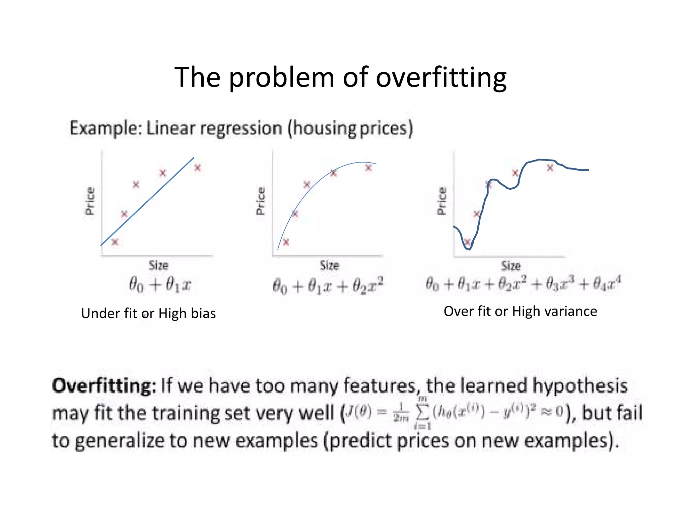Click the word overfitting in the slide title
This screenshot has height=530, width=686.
coord(441,78)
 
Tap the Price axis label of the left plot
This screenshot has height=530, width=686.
coord(90,201)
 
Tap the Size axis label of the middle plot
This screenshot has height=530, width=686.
coord(329,265)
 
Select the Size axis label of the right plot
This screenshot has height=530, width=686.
coord(511,266)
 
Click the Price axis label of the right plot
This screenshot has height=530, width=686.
coord(442,201)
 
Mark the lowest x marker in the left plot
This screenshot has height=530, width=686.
coord(115,242)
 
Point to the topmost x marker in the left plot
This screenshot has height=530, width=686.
coord(198,168)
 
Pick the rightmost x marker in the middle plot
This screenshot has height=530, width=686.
coord(368,168)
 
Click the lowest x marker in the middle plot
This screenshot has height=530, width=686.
coord(286,242)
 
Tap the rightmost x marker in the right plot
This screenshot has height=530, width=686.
coord(550,168)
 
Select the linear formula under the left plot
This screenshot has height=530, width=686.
coord(160,285)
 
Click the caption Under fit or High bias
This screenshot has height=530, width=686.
coord(148,314)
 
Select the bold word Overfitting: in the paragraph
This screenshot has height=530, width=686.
coord(104,386)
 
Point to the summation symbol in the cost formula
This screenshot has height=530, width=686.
coord(422,413)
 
